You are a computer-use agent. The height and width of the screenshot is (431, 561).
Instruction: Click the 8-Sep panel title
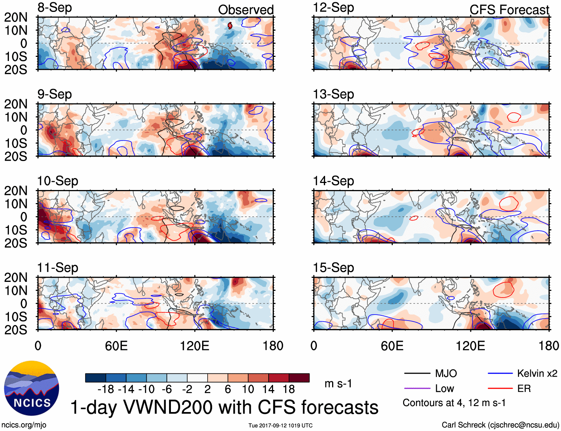[55, 8]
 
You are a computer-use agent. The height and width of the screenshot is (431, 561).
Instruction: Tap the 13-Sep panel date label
[333, 94]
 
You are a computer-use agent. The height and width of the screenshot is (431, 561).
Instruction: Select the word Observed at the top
[246, 10]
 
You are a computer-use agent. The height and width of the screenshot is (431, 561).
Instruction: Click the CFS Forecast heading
[509, 10]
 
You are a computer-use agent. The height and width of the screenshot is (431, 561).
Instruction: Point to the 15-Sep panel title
[333, 268]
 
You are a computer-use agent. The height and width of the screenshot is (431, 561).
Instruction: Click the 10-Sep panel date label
[58, 181]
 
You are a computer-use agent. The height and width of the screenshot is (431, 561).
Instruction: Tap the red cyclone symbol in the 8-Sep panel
[230, 25]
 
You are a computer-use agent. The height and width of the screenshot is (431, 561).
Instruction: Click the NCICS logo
[32, 388]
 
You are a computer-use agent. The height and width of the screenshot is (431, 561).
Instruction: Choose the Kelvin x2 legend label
[537, 373]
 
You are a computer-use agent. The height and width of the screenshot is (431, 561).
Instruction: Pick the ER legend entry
[524, 389]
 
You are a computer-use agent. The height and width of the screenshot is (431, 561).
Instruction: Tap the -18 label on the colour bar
[106, 389]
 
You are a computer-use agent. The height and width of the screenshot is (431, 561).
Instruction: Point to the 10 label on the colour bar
[248, 389]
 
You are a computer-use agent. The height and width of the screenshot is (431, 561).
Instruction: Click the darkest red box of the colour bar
[299, 378]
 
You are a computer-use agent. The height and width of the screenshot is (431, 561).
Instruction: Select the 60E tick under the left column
[116, 346]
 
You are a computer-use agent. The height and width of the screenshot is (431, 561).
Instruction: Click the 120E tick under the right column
[470, 346]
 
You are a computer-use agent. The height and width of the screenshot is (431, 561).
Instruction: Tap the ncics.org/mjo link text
[24, 425]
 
